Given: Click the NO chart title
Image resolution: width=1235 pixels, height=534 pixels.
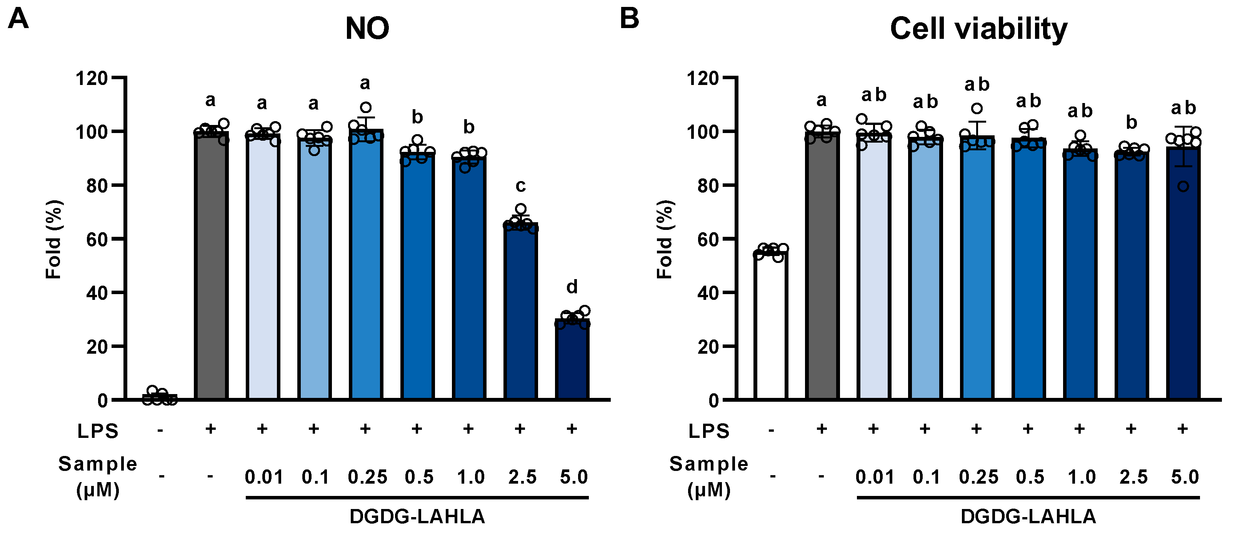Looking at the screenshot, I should (x=367, y=29).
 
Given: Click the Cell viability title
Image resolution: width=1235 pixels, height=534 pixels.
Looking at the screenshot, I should (x=978, y=29).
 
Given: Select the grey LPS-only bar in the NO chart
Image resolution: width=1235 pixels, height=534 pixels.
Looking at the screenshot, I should (x=211, y=268).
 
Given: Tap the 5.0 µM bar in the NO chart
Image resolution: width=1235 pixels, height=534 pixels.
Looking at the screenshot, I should (x=572, y=359).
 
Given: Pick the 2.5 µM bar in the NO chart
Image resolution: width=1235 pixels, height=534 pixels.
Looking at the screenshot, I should (x=521, y=311).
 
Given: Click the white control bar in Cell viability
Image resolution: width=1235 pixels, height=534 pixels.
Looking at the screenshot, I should (x=770, y=326).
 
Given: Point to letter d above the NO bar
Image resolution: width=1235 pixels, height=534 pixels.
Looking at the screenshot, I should (x=572, y=287).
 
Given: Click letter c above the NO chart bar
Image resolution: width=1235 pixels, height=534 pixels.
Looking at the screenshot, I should (x=521, y=186).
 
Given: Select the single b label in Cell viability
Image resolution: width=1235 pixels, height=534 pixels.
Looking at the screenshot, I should (x=1132, y=123).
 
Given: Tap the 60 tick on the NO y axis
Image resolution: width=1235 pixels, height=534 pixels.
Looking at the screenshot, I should (x=97, y=239).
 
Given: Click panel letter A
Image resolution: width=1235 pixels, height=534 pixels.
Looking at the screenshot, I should (x=18, y=19).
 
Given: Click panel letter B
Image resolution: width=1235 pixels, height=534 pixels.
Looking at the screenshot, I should (x=630, y=19).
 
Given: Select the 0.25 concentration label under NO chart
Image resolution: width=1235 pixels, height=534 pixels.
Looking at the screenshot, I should (x=367, y=477).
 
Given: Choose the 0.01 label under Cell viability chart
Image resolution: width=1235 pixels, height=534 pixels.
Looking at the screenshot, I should (x=875, y=477).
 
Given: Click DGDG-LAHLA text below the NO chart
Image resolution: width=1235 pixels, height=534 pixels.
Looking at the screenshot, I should (x=417, y=517).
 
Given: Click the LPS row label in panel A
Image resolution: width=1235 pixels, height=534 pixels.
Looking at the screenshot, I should (x=98, y=431).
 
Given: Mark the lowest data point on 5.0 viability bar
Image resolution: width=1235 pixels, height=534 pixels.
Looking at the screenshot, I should (x=1183, y=186).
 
